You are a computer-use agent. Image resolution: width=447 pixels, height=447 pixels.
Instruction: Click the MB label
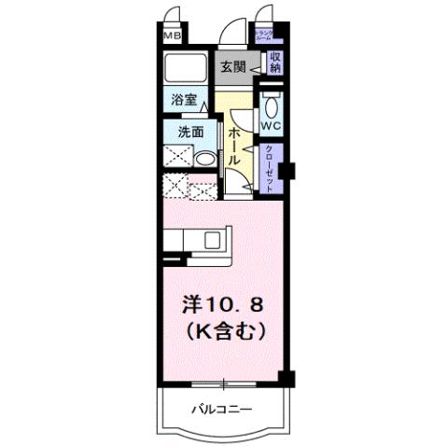click(172, 35)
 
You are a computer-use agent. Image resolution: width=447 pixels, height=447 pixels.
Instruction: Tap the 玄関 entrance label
click(232, 66)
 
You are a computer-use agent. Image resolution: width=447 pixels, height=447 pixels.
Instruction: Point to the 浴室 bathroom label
click(183, 98)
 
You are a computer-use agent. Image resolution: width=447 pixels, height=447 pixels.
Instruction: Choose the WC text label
click(271, 125)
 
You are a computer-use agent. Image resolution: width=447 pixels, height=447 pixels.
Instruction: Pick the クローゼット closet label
click(270, 168)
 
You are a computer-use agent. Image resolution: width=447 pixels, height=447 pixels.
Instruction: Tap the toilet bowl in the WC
click(271, 104)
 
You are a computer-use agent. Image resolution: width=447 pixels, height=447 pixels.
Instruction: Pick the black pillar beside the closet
click(289, 171)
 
